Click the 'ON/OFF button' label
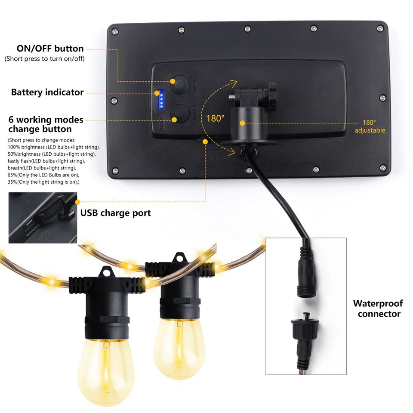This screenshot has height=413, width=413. [x=50, y=49]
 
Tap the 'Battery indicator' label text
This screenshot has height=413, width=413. [x=47, y=92]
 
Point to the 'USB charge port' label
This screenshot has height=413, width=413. [x=115, y=213]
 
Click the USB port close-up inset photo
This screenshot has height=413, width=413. [x=43, y=218]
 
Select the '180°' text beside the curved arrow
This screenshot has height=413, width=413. [x=215, y=118]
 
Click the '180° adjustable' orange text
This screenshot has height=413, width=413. [x=370, y=126]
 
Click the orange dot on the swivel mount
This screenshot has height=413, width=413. [x=243, y=123]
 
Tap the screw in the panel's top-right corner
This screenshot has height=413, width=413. [x=379, y=28]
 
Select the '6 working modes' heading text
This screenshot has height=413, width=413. [x=46, y=120]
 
